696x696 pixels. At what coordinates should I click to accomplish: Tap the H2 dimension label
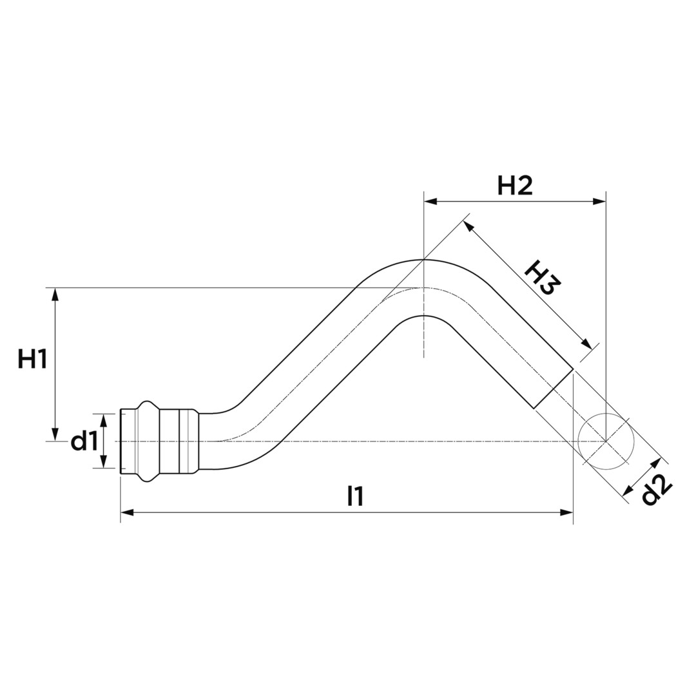tap(514, 186)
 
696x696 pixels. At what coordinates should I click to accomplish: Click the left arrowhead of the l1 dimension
tap(127, 513)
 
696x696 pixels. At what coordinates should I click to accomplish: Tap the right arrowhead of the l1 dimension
tap(567, 513)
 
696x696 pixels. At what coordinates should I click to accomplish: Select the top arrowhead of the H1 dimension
tap(55, 295)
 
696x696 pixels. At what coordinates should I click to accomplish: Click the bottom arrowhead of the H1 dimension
tap(55, 435)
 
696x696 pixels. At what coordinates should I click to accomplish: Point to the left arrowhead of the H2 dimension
tap(430, 202)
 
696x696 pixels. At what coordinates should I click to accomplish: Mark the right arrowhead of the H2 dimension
tap(599, 202)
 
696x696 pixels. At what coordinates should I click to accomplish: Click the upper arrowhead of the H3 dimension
tap(467, 227)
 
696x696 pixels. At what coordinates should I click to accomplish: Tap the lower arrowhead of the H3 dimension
tap(587, 343)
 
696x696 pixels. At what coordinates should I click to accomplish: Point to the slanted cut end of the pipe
tap(553, 387)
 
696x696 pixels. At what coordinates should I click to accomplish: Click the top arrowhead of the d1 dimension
tap(104, 420)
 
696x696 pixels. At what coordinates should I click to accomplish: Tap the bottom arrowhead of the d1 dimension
tap(104, 461)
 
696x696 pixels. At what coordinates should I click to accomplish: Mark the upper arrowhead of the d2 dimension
tap(654, 466)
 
